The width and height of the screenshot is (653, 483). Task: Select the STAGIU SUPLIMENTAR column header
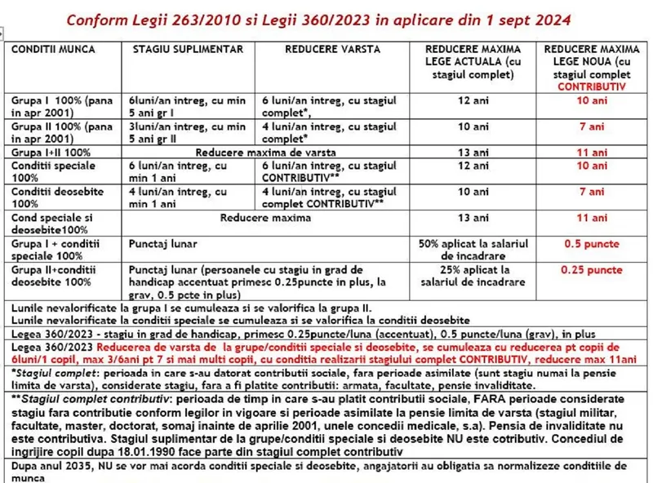click(187, 50)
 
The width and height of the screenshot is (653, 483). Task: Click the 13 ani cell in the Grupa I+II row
click(472, 152)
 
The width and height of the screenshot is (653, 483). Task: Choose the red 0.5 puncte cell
click(592, 244)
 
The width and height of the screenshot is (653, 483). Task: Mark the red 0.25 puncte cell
click(592, 269)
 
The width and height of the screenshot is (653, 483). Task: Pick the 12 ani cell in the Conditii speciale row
click(472, 166)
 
